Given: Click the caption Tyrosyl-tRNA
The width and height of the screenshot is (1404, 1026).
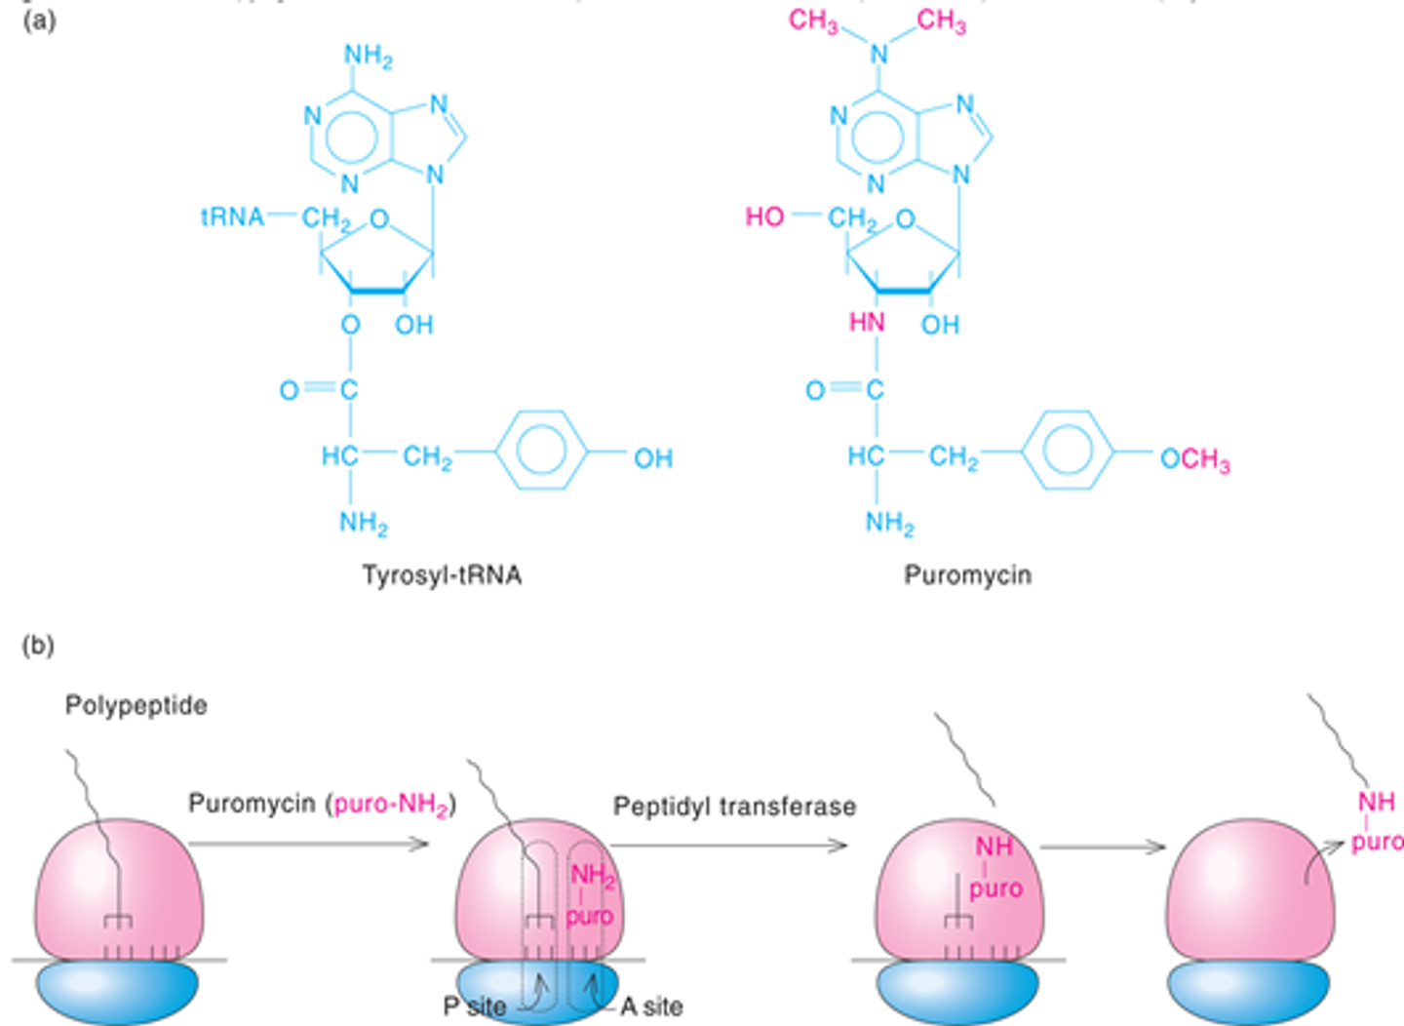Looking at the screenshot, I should (442, 575).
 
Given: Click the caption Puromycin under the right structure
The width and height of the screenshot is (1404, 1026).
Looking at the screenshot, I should (967, 575).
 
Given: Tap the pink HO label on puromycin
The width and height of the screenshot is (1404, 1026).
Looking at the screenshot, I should (764, 217).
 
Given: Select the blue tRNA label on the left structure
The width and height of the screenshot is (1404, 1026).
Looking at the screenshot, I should (232, 217).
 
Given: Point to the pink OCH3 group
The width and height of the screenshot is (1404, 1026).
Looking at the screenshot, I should (1194, 458).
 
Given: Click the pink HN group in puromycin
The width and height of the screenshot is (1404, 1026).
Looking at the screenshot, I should (867, 323).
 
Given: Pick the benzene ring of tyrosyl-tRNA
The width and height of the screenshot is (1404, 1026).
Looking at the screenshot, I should (542, 451).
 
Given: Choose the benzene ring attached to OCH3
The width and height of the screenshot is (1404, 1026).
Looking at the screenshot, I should (1069, 451).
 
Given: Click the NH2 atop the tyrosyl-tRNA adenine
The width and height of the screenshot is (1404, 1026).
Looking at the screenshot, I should (368, 56).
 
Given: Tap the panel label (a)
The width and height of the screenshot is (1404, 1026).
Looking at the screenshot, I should (39, 20).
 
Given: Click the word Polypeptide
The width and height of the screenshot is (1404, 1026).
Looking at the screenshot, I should (136, 705).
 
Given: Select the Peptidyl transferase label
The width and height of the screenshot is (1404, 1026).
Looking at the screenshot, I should (734, 807).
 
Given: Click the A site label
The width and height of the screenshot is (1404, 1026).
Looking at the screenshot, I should (651, 1006).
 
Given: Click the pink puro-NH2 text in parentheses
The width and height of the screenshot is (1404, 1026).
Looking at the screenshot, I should (392, 806).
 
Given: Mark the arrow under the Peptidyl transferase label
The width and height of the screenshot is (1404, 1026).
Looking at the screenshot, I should (731, 845).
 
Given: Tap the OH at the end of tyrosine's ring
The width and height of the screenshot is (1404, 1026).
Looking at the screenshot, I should (652, 458).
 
